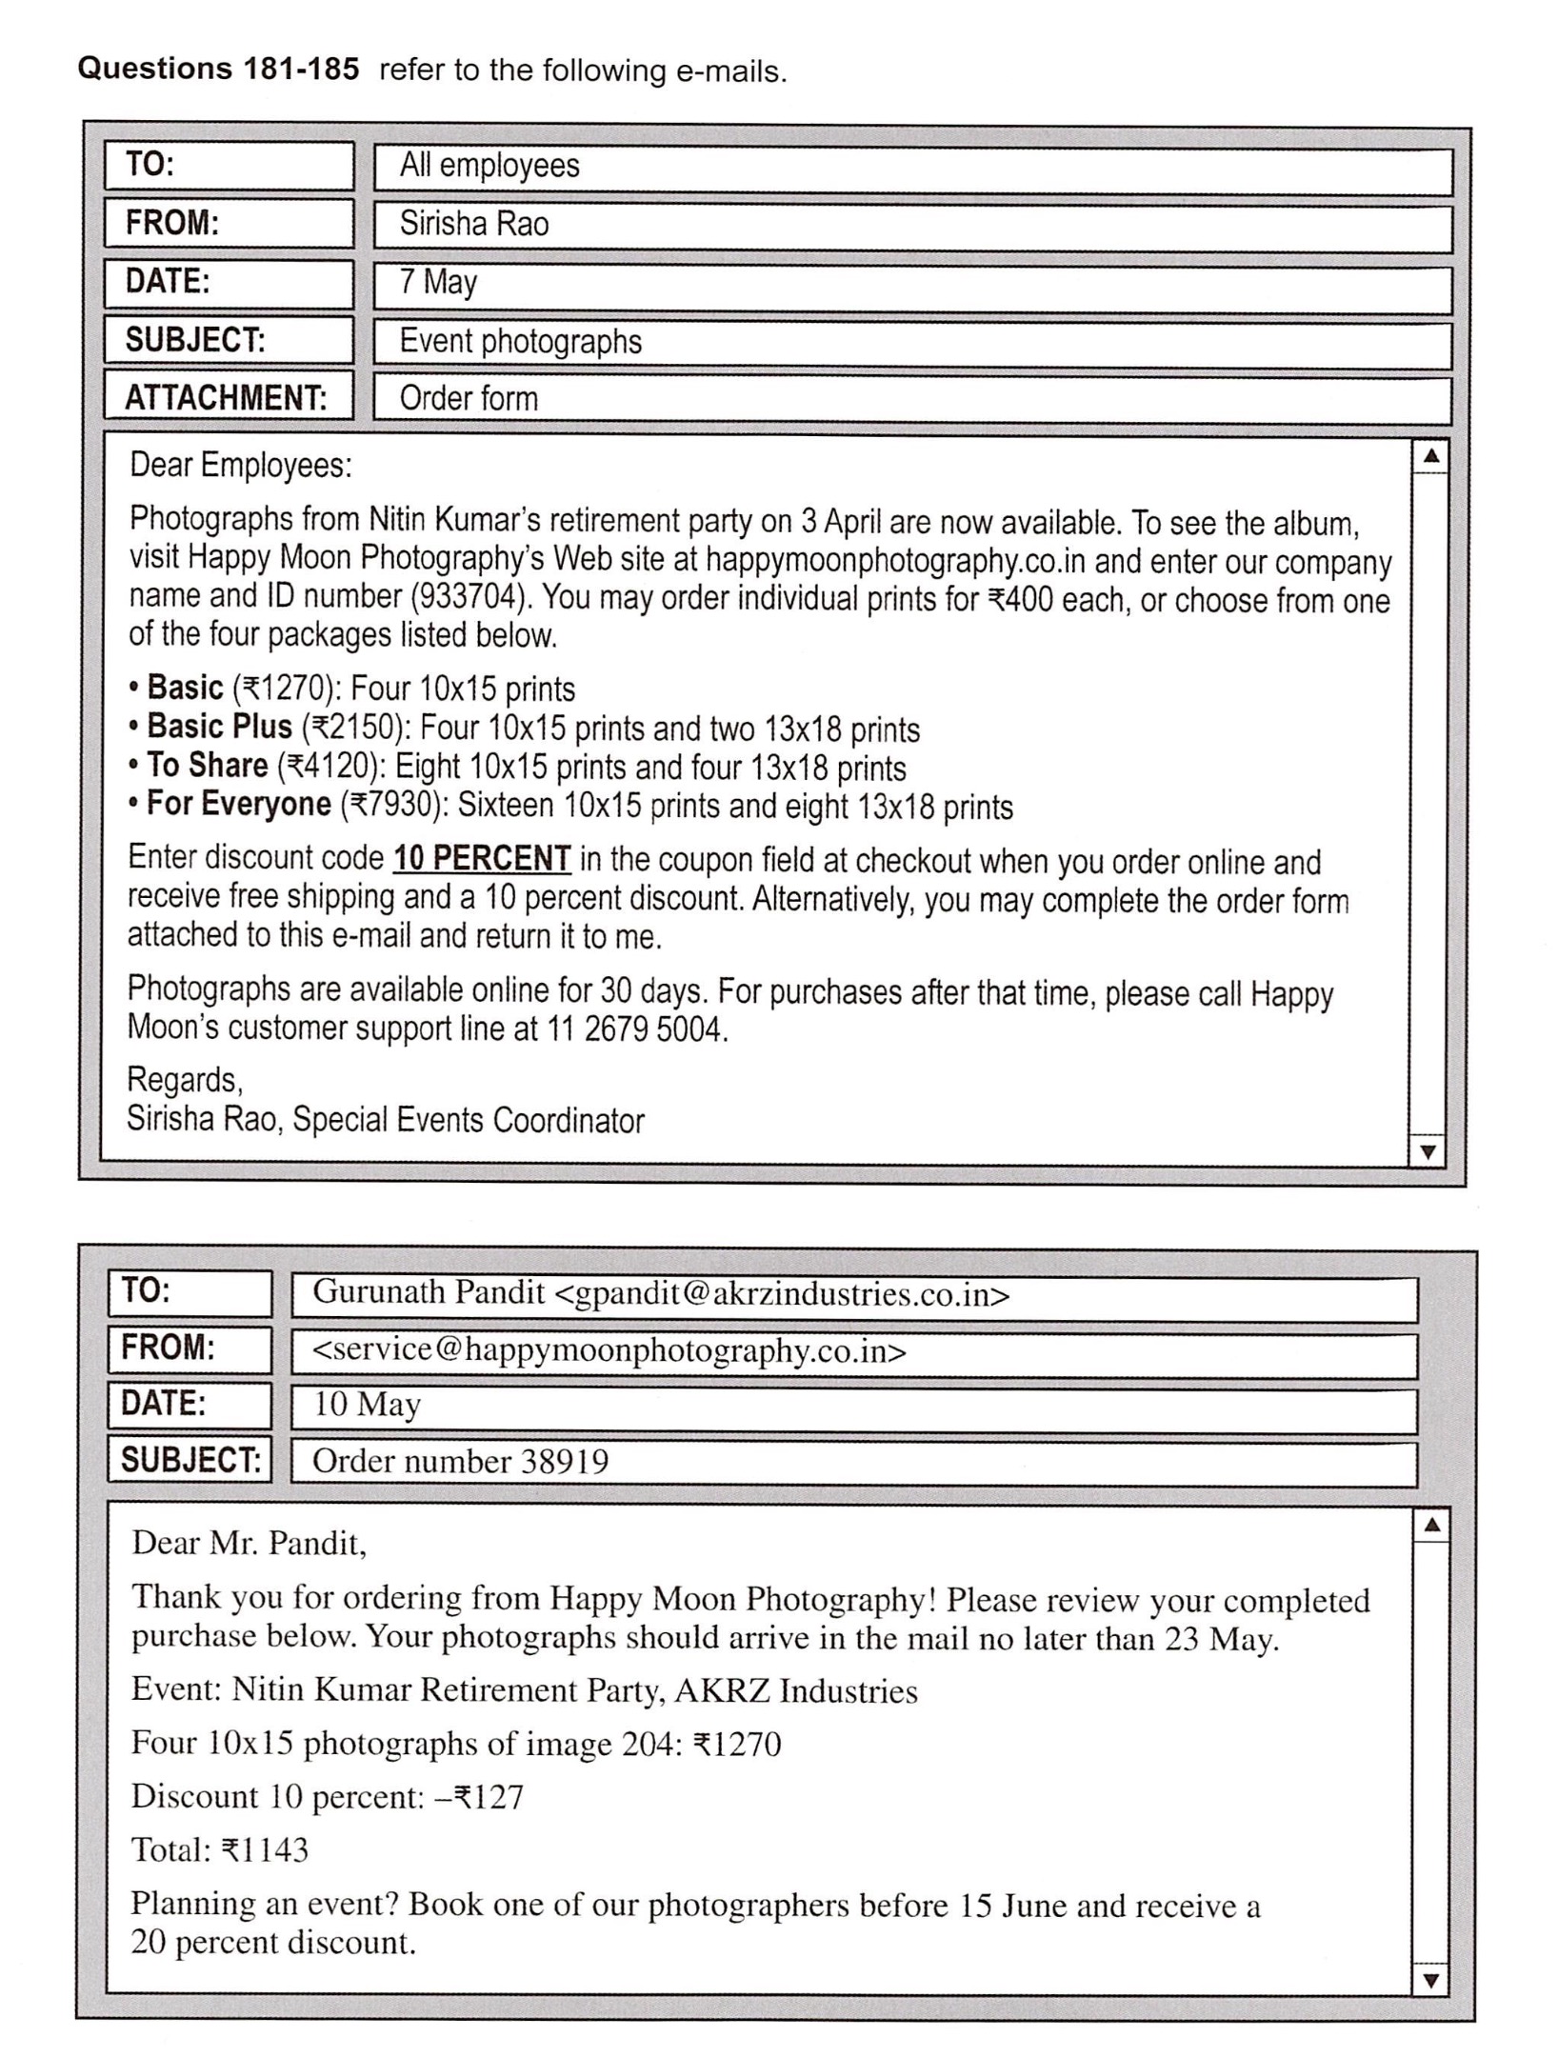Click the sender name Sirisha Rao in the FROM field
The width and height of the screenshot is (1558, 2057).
473,224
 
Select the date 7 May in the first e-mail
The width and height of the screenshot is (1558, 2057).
437,282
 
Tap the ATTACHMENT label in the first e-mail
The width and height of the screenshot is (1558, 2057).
226,398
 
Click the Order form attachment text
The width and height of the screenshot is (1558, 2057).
468,398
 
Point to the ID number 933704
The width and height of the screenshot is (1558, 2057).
467,597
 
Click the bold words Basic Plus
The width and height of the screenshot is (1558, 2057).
219,728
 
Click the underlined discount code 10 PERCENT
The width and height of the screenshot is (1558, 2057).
482,859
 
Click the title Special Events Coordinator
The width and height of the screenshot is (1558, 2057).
468,1120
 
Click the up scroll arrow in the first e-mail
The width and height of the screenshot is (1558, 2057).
1428,456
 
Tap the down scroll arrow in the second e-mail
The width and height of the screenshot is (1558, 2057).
1428,1981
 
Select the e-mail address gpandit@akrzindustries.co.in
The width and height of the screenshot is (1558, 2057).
781,1294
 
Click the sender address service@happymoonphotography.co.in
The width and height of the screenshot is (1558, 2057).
609,1351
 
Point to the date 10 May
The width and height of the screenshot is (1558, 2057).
367,1405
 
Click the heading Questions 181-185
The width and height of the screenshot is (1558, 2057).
218,70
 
